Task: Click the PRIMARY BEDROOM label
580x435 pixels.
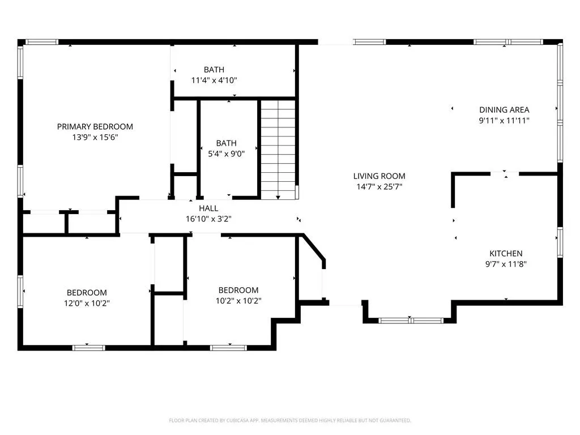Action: [95, 126]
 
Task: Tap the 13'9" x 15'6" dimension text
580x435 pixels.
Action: [95, 137]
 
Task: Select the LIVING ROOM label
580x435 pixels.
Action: [379, 176]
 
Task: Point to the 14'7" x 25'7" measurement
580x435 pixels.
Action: [379, 187]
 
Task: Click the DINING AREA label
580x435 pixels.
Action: [504, 110]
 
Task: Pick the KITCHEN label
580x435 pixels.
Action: [506, 253]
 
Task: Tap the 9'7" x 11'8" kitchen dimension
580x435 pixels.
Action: [506, 264]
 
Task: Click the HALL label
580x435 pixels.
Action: [208, 208]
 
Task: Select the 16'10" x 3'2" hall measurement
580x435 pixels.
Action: [208, 219]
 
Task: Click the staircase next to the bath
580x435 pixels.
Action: [278, 150]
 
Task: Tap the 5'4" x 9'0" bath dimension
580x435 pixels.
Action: [227, 154]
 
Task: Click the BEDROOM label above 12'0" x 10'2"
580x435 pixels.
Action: [87, 293]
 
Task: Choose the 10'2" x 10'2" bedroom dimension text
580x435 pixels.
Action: [238, 301]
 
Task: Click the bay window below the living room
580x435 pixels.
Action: [411, 321]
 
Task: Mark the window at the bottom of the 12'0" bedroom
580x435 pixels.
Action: [88, 348]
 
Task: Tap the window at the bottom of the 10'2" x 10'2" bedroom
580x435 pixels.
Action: [228, 348]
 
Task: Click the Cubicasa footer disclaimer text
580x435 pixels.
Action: [290, 421]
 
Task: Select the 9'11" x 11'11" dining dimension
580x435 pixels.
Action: [504, 121]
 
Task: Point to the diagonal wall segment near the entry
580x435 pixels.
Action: [314, 247]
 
